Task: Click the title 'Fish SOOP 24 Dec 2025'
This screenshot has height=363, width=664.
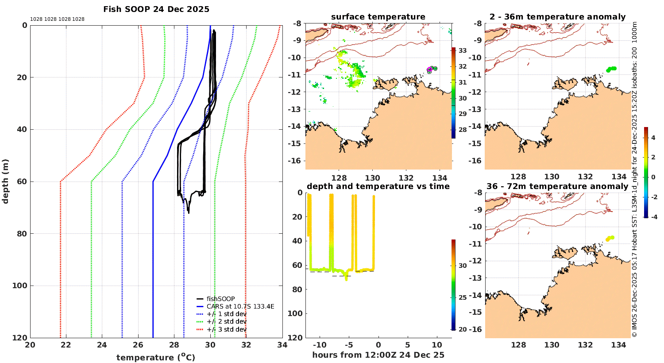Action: click(x=156, y=9)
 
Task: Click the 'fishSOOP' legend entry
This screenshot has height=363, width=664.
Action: click(x=220, y=299)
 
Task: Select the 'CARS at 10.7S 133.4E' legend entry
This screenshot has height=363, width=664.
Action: click(x=240, y=306)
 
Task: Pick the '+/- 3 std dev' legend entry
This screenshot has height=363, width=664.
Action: click(x=226, y=329)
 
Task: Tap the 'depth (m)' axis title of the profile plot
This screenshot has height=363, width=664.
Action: click(x=5, y=181)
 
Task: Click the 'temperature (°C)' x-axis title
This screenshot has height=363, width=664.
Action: click(x=156, y=357)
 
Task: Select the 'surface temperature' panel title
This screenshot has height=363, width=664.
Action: click(x=378, y=17)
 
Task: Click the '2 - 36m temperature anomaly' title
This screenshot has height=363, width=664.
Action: click(x=557, y=17)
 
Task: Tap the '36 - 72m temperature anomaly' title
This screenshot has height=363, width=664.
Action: click(x=557, y=186)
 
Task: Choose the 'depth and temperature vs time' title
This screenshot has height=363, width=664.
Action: click(x=378, y=186)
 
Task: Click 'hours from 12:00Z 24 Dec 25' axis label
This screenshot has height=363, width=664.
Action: click(x=378, y=355)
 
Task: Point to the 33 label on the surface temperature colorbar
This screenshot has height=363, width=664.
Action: click(x=463, y=50)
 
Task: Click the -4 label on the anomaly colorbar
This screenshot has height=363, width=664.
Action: click(x=653, y=217)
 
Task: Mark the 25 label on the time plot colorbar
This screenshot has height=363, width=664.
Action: click(x=463, y=297)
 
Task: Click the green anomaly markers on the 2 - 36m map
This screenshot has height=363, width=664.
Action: click(x=611, y=69)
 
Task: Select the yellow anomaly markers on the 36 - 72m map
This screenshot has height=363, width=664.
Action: click(x=610, y=238)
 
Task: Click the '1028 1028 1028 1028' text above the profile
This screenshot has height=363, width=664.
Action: click(x=57, y=19)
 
